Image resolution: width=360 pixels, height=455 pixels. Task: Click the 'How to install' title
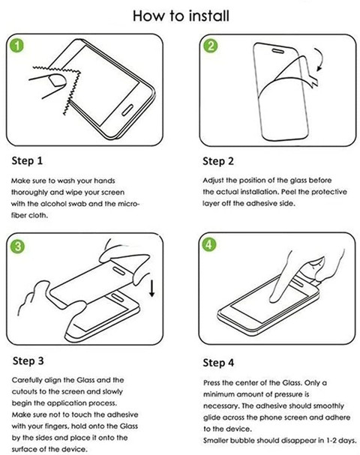[181, 16]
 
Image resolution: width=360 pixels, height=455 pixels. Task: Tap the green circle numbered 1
[17, 46]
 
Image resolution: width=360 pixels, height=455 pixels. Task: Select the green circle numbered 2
[211, 46]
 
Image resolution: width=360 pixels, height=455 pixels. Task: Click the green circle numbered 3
[18, 247]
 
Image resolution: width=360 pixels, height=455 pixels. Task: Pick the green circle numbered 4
[209, 244]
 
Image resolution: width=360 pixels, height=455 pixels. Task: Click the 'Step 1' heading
[27, 161]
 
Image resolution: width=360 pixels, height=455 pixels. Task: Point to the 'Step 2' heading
[218, 161]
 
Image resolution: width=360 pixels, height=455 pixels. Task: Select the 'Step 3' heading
[28, 361]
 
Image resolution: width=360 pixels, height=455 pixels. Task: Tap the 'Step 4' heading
[218, 363]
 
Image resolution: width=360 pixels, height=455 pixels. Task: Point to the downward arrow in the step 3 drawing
[151, 286]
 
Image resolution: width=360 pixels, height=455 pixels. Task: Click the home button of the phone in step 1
[127, 110]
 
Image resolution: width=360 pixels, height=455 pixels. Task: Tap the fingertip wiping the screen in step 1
[56, 80]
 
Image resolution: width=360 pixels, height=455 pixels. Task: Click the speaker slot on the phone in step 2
[277, 51]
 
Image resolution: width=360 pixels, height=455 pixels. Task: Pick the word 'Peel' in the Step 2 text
[289, 192]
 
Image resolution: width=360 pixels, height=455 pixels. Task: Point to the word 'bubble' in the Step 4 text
[242, 441]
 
